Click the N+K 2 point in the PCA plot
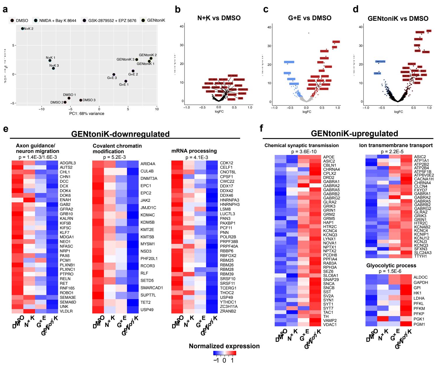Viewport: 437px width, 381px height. click(x=22, y=29)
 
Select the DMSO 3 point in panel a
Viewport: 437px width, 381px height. click(x=81, y=100)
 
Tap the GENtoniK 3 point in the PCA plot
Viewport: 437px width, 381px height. click(x=137, y=60)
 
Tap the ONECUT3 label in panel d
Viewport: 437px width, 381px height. click(x=380, y=62)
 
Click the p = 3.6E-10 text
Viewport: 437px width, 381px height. click(x=302, y=151)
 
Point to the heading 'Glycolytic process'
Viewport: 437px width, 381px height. click(x=391, y=266)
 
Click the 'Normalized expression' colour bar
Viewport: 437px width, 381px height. click(x=224, y=353)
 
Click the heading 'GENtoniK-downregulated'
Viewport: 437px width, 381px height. click(x=121, y=134)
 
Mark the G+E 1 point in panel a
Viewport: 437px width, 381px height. click(x=126, y=81)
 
